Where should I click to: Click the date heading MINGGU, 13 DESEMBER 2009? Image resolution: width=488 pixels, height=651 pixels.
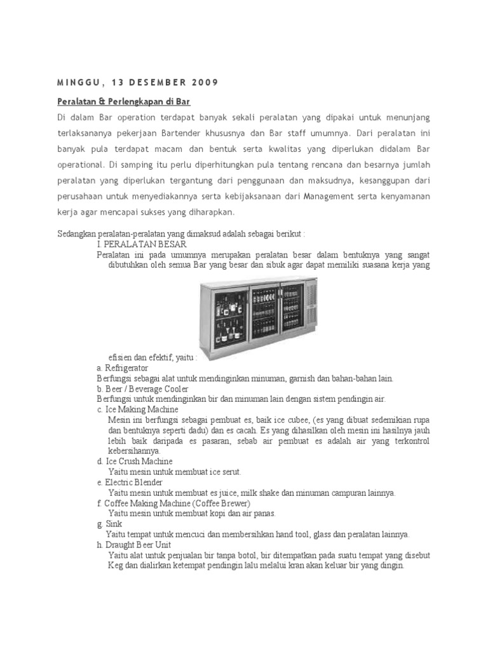(137, 82)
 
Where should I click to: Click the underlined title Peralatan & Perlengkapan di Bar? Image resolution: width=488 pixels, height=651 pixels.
(124, 102)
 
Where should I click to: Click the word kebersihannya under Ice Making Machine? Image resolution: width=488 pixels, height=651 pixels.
(134, 451)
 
